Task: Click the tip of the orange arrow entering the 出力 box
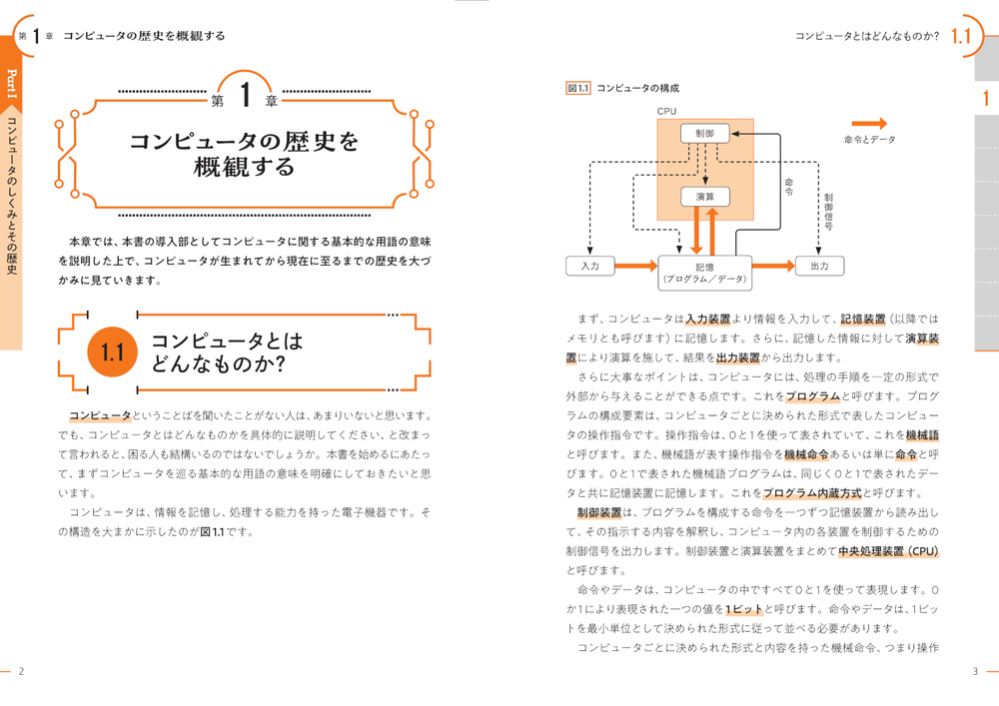(x=795, y=266)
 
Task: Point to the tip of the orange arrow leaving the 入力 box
(x=657, y=266)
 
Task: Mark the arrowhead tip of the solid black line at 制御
(x=731, y=134)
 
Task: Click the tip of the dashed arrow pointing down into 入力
(x=590, y=256)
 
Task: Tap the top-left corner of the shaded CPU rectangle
(x=657, y=119)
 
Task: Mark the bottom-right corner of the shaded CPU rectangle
(x=753, y=221)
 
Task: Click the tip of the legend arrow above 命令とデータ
(x=887, y=124)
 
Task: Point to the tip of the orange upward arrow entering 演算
(x=713, y=208)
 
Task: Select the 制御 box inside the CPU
(x=704, y=133)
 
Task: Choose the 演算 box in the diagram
(x=704, y=197)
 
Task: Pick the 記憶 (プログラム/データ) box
(x=704, y=273)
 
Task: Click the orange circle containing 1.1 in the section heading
(x=112, y=353)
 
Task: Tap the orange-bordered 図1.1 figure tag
(x=577, y=88)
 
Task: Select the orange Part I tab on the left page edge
(x=11, y=84)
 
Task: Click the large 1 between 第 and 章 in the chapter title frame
(x=246, y=95)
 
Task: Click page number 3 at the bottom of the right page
(x=975, y=671)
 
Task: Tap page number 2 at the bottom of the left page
(x=21, y=671)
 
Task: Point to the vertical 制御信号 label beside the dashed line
(x=828, y=212)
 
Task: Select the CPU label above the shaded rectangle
(x=666, y=111)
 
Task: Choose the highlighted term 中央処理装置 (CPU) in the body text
(x=888, y=551)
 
